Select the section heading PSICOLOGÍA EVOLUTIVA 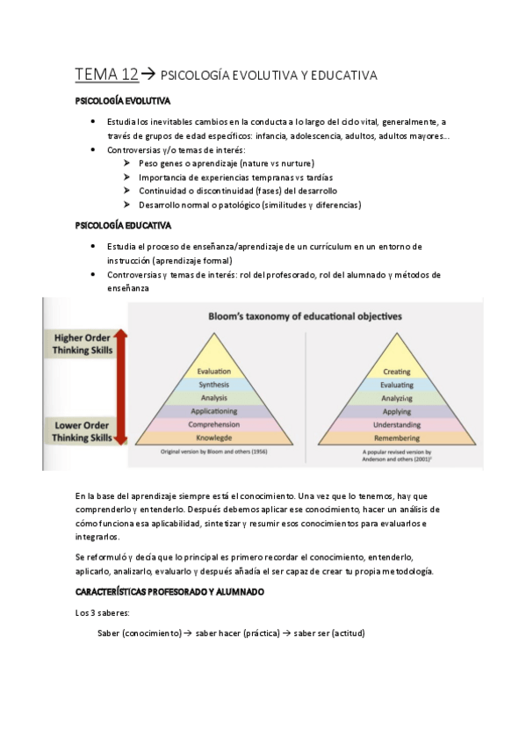click(123, 102)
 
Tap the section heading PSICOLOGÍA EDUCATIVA click(122, 226)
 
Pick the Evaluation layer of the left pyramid click(214, 372)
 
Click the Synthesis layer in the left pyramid click(214, 385)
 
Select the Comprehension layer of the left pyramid click(214, 423)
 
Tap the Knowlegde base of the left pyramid click(214, 437)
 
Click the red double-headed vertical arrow click(122, 387)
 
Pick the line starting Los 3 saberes click(103, 612)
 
